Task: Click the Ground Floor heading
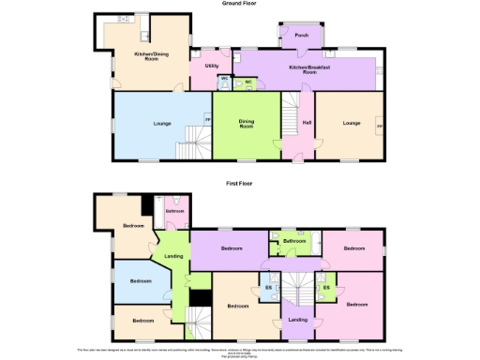pos(240,4)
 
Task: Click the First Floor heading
pos(240,184)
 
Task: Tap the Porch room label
pos(302,36)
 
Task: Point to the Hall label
pos(307,123)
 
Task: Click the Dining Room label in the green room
pos(247,124)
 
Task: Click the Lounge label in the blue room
pos(161,123)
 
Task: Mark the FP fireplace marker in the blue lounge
pos(208,118)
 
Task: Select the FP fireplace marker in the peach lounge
pos(380,126)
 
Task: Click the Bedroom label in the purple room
pos(232,248)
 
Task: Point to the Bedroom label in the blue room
pos(141,281)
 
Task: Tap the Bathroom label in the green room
pos(295,241)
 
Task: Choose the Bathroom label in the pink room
pos(175,212)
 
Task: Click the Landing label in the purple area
pos(298,321)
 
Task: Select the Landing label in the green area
pos(172,257)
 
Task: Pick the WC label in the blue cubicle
pos(248,82)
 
